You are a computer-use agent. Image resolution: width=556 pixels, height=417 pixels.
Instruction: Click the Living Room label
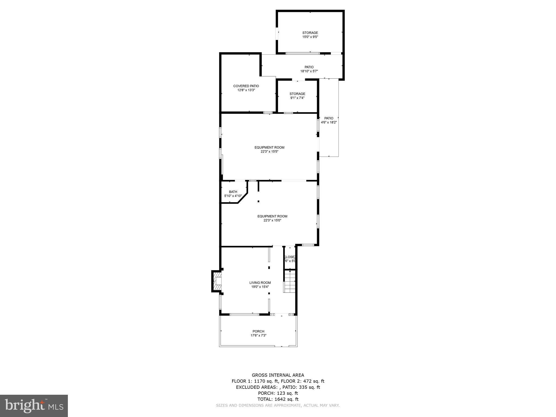pyautogui.click(x=260, y=283)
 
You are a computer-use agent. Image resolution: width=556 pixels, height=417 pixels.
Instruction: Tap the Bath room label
pyautogui.click(x=233, y=192)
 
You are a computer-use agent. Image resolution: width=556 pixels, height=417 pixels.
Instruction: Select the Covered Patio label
pyautogui.click(x=246, y=86)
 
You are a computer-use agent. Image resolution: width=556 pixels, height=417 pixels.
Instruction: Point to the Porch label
pyautogui.click(x=258, y=331)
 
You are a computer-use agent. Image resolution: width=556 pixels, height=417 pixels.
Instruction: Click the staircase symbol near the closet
pyautogui.click(x=290, y=282)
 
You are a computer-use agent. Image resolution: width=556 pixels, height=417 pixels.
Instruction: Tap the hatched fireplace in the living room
pyautogui.click(x=217, y=281)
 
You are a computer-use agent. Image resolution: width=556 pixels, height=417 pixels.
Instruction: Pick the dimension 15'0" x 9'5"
pyautogui.click(x=310, y=37)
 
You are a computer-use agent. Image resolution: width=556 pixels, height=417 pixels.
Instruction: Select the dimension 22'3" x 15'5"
pyautogui.click(x=269, y=152)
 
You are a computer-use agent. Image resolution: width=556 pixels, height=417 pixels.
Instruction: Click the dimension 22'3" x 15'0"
pyautogui.click(x=272, y=220)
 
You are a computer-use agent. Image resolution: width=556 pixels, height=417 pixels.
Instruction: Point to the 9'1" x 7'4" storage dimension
pyautogui.click(x=297, y=98)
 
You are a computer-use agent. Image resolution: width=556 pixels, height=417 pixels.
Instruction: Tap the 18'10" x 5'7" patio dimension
pyautogui.click(x=309, y=71)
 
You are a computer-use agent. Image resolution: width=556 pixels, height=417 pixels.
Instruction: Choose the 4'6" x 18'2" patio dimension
pyautogui.click(x=329, y=122)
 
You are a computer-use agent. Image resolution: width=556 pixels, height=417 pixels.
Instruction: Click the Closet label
pyautogui.click(x=290, y=257)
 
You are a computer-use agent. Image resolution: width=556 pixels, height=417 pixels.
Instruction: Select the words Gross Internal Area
pyautogui.click(x=278, y=375)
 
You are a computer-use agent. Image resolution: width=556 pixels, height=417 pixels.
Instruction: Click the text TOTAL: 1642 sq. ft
pyautogui.click(x=278, y=399)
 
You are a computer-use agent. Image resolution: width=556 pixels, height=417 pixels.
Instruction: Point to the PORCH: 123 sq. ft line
pyautogui.click(x=278, y=393)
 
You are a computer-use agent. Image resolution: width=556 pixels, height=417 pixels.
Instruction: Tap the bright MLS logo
pyautogui.click(x=34, y=406)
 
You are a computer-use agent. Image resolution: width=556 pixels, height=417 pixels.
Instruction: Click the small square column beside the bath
pyautogui.click(x=258, y=201)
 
